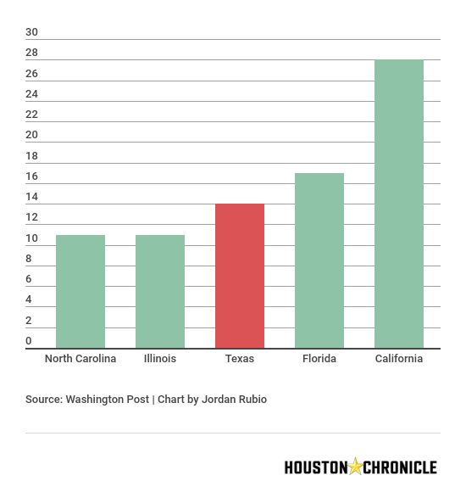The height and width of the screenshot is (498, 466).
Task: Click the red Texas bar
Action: point(240,276)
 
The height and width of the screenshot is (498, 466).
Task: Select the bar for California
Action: point(399,204)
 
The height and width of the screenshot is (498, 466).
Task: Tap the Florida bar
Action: point(319,260)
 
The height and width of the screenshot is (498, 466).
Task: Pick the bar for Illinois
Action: point(160,291)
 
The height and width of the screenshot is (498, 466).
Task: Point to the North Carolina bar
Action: point(80,291)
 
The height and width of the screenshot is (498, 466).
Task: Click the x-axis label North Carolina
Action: point(80,359)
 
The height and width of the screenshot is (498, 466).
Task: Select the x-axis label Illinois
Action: point(160,359)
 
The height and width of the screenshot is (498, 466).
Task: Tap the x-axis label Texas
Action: point(240,359)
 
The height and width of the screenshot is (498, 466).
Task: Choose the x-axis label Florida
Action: point(319,359)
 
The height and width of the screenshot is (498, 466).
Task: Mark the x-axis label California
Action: point(399,359)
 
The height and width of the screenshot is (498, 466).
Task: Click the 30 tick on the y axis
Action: point(31,32)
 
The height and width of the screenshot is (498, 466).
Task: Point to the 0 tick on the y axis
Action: point(29,341)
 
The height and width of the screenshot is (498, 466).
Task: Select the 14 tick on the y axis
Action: point(31,197)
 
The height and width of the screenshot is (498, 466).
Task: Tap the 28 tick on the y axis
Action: point(31,53)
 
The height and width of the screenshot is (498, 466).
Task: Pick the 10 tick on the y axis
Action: point(31,238)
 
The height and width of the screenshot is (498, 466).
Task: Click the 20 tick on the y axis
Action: point(31,135)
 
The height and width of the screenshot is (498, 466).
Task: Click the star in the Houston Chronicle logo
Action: point(356,466)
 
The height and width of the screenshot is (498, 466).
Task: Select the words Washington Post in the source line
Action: point(107,399)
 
